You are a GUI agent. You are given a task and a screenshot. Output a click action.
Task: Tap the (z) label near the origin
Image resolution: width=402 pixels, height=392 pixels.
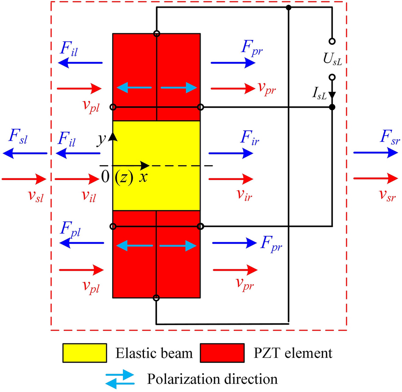tap(123, 177)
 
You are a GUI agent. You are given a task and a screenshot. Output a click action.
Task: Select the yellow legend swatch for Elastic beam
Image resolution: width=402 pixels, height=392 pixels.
tap(85, 352)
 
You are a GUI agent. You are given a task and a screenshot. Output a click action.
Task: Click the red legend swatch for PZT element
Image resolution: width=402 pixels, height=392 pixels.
tap(222, 352)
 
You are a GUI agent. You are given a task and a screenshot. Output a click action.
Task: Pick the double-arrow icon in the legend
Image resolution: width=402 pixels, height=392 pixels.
tap(119, 378)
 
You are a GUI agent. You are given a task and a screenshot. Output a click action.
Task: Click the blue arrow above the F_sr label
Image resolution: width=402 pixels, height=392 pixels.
tap(376, 153)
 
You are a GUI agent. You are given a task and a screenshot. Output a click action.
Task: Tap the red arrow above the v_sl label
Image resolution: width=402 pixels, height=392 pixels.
tap(24, 179)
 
